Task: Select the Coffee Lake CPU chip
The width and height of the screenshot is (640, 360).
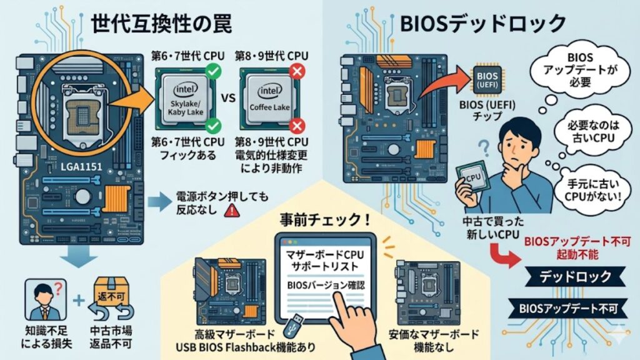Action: pyautogui.click(x=267, y=99)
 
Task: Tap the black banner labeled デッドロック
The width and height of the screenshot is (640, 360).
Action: pyautogui.click(x=567, y=275)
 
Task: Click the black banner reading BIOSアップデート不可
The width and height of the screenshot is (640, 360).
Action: pyautogui.click(x=567, y=308)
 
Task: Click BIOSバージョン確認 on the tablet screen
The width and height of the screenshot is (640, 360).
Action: pyautogui.click(x=325, y=284)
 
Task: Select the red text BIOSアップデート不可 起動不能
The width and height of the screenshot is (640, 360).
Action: pyautogui.click(x=567, y=246)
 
